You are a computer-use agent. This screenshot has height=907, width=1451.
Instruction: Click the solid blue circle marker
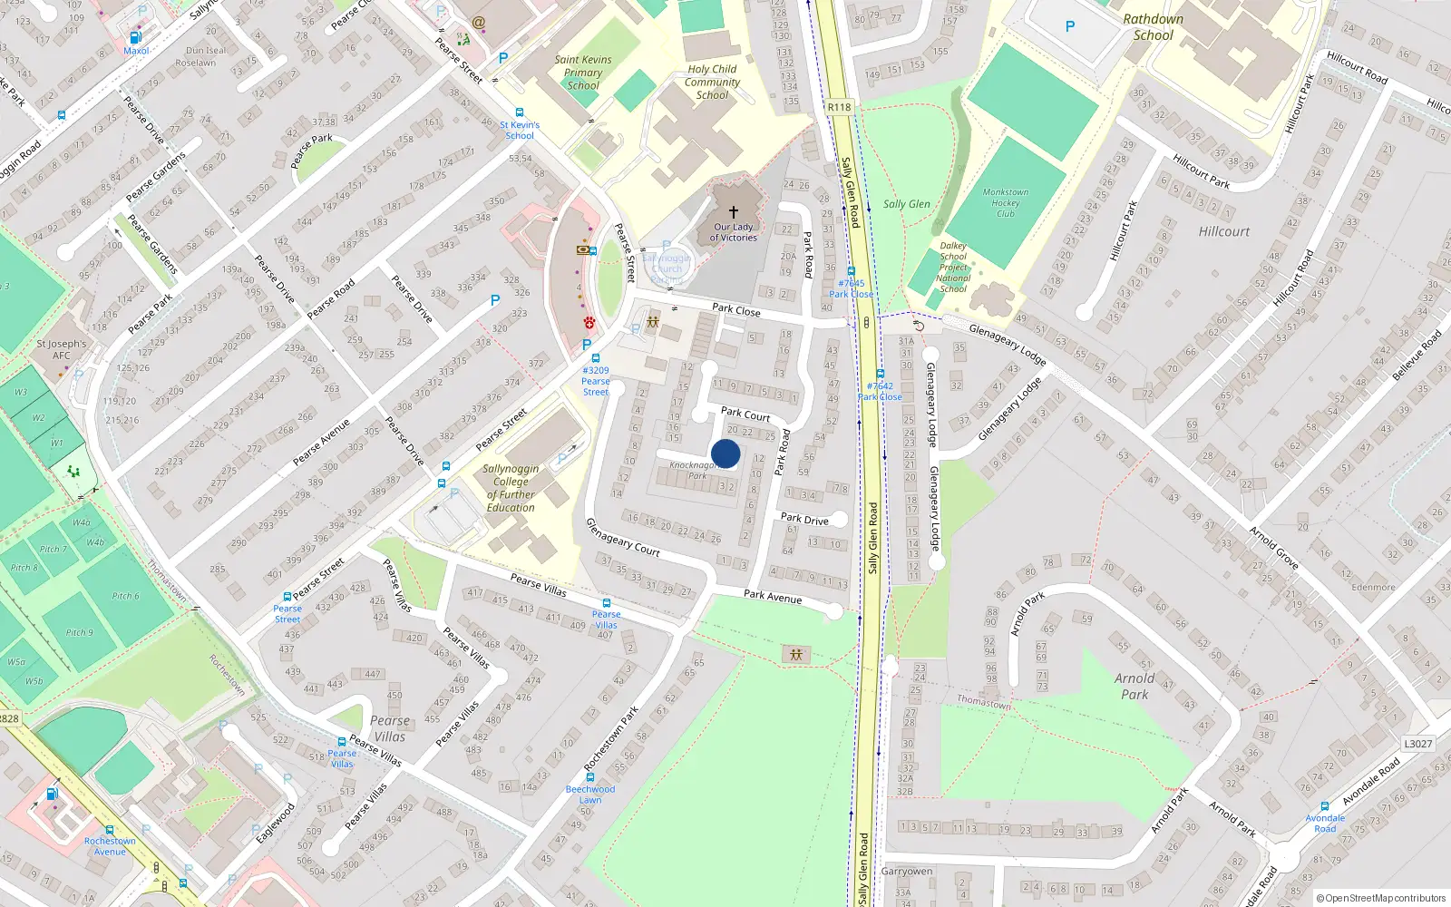[x=725, y=453]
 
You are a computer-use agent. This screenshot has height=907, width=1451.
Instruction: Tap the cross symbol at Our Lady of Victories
[x=734, y=212]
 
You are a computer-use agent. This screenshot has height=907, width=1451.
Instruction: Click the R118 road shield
[x=840, y=107]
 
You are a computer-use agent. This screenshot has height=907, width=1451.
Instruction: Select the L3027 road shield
[x=1418, y=744]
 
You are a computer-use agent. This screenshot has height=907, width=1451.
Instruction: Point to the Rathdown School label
[x=1153, y=27]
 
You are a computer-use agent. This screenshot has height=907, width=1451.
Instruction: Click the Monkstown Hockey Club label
[x=1006, y=203]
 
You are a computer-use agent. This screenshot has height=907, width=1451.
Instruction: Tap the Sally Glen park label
[x=907, y=204]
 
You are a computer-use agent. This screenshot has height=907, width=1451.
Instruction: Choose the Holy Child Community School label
[x=712, y=82]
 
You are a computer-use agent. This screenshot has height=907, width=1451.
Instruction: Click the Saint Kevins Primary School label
[x=583, y=73]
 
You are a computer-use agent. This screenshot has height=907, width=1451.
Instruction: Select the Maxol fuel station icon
[x=135, y=37]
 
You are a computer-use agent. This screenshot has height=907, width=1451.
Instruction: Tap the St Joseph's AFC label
[x=62, y=349]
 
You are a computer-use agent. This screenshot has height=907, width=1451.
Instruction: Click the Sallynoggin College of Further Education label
[x=511, y=488]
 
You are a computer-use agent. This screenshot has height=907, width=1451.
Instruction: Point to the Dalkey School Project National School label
[x=953, y=267]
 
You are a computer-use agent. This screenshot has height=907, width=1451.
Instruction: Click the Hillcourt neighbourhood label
[x=1223, y=231]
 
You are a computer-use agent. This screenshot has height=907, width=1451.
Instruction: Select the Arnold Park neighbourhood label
[x=1135, y=686]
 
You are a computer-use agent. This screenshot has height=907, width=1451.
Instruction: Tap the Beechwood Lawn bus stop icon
[x=590, y=777]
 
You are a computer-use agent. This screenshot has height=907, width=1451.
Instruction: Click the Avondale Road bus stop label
[x=1325, y=823]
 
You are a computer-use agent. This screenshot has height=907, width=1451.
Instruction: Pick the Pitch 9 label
[x=79, y=632]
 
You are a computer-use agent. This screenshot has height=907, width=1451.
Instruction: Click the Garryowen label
[x=907, y=871]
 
